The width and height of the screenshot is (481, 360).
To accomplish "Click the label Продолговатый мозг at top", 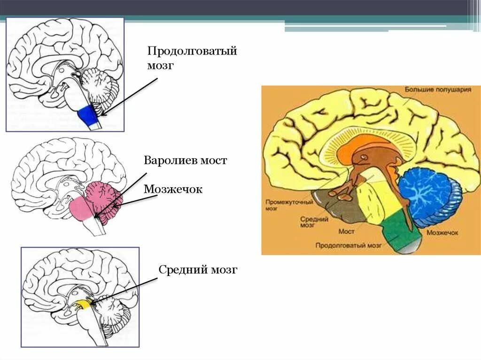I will (192, 58).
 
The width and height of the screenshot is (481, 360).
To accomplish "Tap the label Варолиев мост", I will (186, 161).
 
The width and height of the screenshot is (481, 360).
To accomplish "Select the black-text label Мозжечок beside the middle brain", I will (173, 189).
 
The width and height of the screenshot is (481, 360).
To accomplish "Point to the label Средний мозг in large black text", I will (198, 270).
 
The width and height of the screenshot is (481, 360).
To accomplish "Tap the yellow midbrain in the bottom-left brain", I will (83, 305).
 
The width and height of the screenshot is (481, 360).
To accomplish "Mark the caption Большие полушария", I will (438, 89).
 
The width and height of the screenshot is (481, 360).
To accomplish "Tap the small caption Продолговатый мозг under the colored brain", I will (348, 245).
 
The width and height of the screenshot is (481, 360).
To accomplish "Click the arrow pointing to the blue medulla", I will (129, 97).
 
